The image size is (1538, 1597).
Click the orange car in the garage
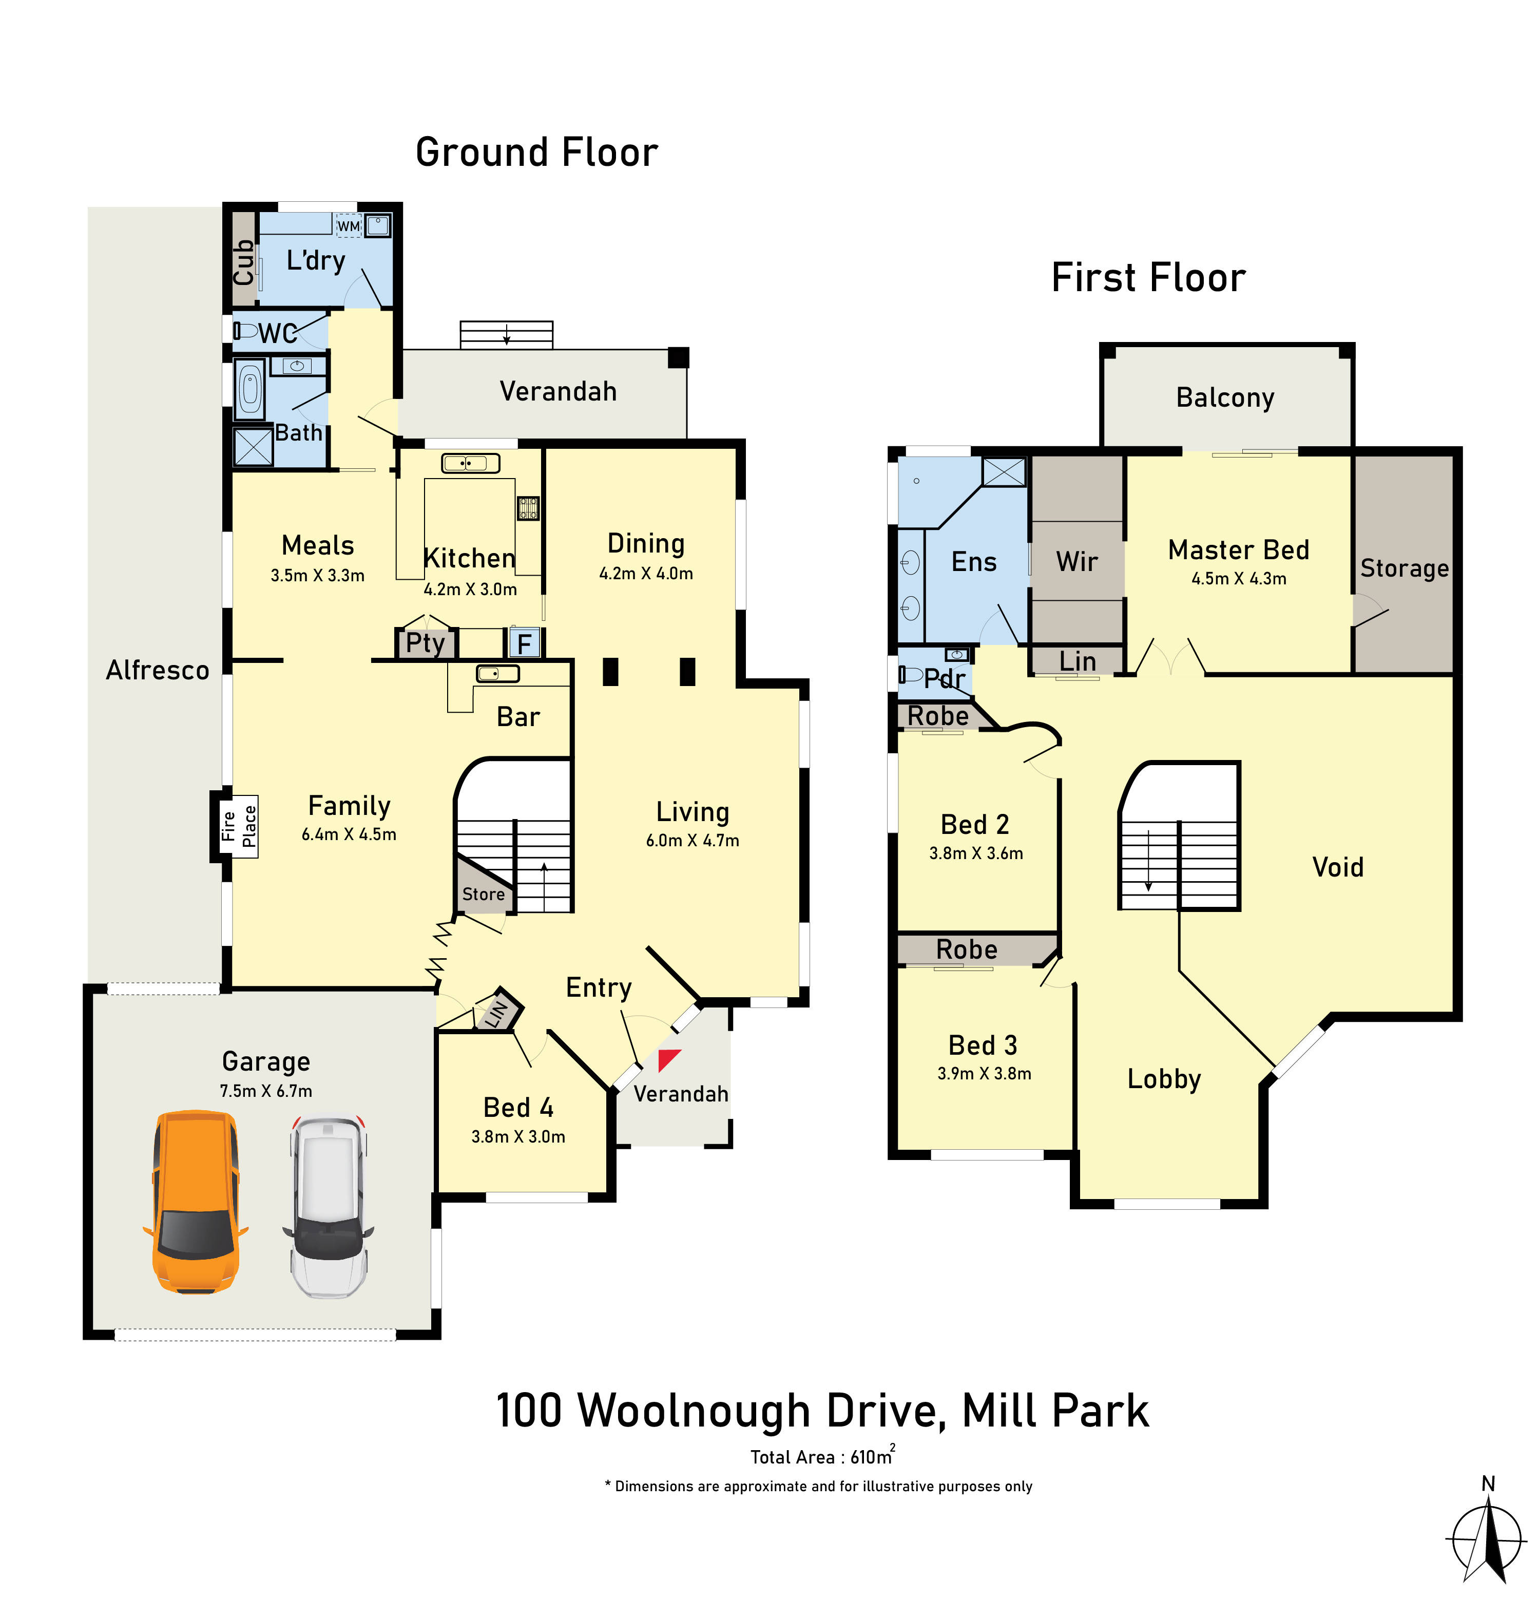click(x=196, y=1202)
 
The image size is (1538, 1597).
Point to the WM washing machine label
click(x=349, y=226)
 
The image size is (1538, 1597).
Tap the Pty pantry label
click(x=425, y=643)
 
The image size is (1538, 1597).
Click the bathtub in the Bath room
click(x=250, y=389)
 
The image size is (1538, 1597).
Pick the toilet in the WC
click(x=243, y=331)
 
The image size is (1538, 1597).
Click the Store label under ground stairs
click(x=483, y=894)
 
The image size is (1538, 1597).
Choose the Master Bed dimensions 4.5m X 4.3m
click(x=1238, y=579)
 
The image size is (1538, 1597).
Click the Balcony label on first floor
click(x=1224, y=397)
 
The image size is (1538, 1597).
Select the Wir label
click(x=1077, y=561)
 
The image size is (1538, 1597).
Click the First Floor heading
click(x=1148, y=278)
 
